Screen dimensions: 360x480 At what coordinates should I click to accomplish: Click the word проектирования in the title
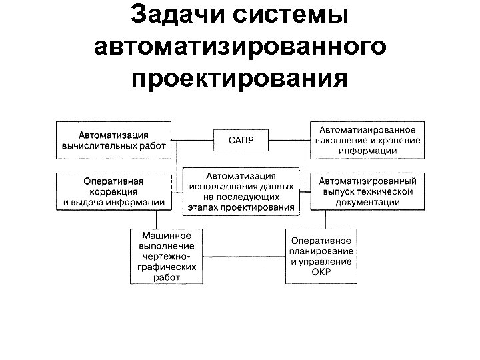click(240, 79)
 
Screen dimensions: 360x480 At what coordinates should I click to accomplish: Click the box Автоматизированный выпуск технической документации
click(369, 191)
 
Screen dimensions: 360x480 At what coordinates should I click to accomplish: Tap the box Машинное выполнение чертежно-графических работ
click(166, 256)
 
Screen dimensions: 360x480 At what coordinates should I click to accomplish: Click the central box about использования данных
click(241, 191)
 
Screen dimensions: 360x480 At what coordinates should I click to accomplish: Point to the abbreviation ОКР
click(321, 271)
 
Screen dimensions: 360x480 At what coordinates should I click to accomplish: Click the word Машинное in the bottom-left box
click(166, 235)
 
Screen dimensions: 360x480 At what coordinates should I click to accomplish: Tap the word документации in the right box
click(369, 201)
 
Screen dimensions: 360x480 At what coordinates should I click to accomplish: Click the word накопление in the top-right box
click(345, 140)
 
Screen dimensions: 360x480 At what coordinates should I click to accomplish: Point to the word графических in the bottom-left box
click(166, 266)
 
